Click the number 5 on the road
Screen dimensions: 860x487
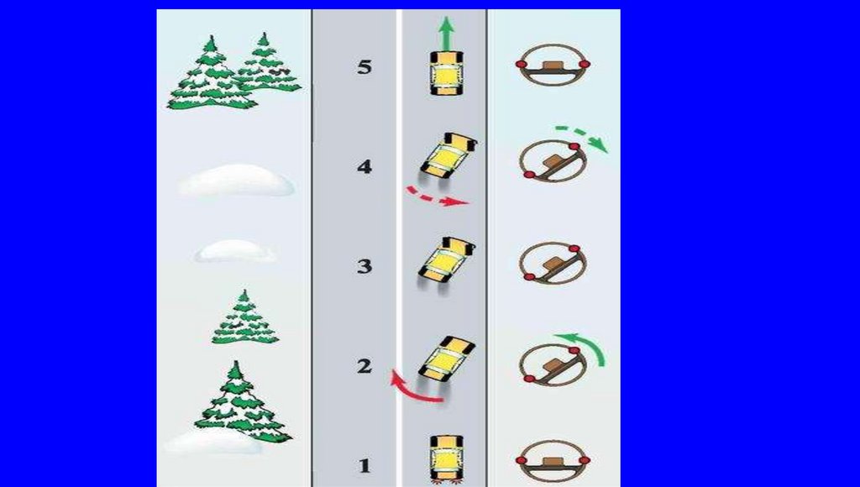pyautogui.click(x=364, y=67)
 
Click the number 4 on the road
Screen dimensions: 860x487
pyautogui.click(x=364, y=166)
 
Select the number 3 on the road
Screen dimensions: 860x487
pyautogui.click(x=364, y=266)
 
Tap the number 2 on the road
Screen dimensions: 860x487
pyautogui.click(x=364, y=366)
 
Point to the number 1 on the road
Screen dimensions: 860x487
pyautogui.click(x=364, y=466)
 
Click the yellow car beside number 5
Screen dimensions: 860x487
pyautogui.click(x=447, y=74)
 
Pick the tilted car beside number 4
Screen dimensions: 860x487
pyautogui.click(x=448, y=157)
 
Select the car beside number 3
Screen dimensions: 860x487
pyautogui.click(x=447, y=261)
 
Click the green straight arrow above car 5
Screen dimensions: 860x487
pyautogui.click(x=447, y=33)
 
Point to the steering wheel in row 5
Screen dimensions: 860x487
pyautogui.click(x=553, y=65)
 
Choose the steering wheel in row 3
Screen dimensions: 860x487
pyautogui.click(x=552, y=264)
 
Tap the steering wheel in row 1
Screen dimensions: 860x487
pyautogui.click(x=553, y=461)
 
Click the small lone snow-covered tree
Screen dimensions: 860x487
pyautogui.click(x=244, y=317)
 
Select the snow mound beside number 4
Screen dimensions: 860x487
pyautogui.click(x=236, y=180)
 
